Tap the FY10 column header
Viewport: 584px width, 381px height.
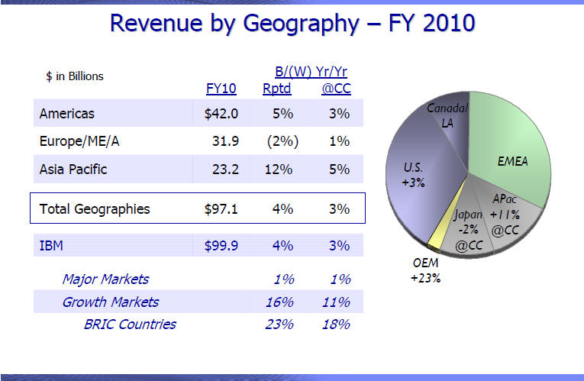221,89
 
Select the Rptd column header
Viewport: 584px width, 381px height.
277,89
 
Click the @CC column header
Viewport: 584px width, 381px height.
336,89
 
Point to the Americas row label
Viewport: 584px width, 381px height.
67,114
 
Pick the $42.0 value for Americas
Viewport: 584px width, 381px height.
221,114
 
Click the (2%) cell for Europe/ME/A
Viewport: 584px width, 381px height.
282,141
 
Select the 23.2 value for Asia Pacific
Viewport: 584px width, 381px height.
226,169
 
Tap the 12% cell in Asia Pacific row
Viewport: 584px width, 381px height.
281,169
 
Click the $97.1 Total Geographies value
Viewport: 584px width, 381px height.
221,208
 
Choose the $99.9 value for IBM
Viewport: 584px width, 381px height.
221,246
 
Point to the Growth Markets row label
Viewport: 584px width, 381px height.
111,302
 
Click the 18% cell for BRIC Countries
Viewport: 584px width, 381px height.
336,324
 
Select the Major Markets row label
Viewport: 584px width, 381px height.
105,279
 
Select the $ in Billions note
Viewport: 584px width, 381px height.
75,76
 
